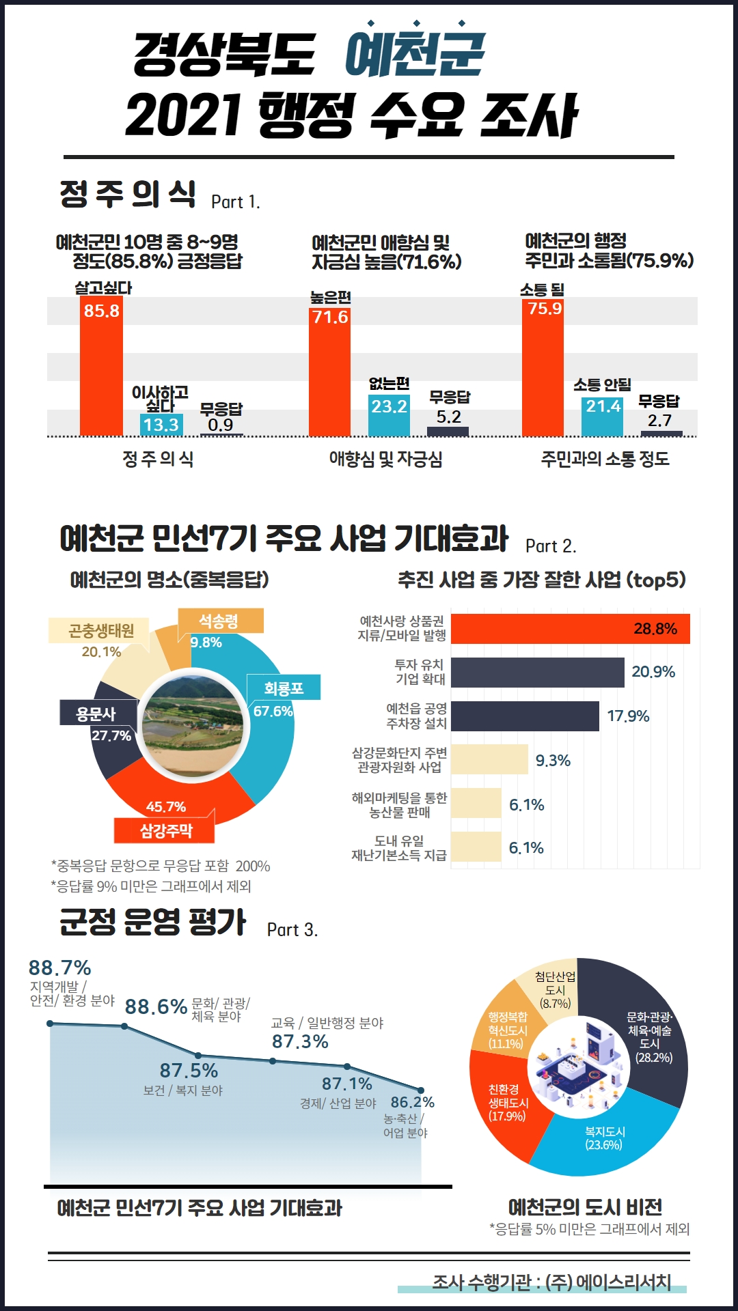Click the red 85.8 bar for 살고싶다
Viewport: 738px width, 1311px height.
tap(101, 366)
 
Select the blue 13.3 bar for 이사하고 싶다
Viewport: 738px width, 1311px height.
tap(161, 425)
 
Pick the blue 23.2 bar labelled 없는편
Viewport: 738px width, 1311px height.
tap(389, 415)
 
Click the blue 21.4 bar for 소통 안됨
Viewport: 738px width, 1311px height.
tap(602, 417)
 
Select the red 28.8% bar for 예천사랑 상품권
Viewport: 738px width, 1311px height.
tap(571, 629)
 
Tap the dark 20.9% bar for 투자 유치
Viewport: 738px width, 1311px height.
tap(538, 673)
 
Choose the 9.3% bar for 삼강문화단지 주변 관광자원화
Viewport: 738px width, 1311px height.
tap(489, 759)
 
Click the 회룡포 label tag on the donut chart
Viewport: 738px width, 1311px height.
tap(284, 688)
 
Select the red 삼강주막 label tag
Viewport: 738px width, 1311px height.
tap(165, 830)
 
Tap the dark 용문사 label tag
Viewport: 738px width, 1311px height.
tap(97, 714)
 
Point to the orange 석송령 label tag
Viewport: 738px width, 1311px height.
tap(220, 621)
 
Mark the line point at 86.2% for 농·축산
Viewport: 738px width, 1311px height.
tap(421, 1090)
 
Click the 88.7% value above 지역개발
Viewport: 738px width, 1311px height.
tap(59, 968)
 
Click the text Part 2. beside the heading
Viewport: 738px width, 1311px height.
tap(551, 546)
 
